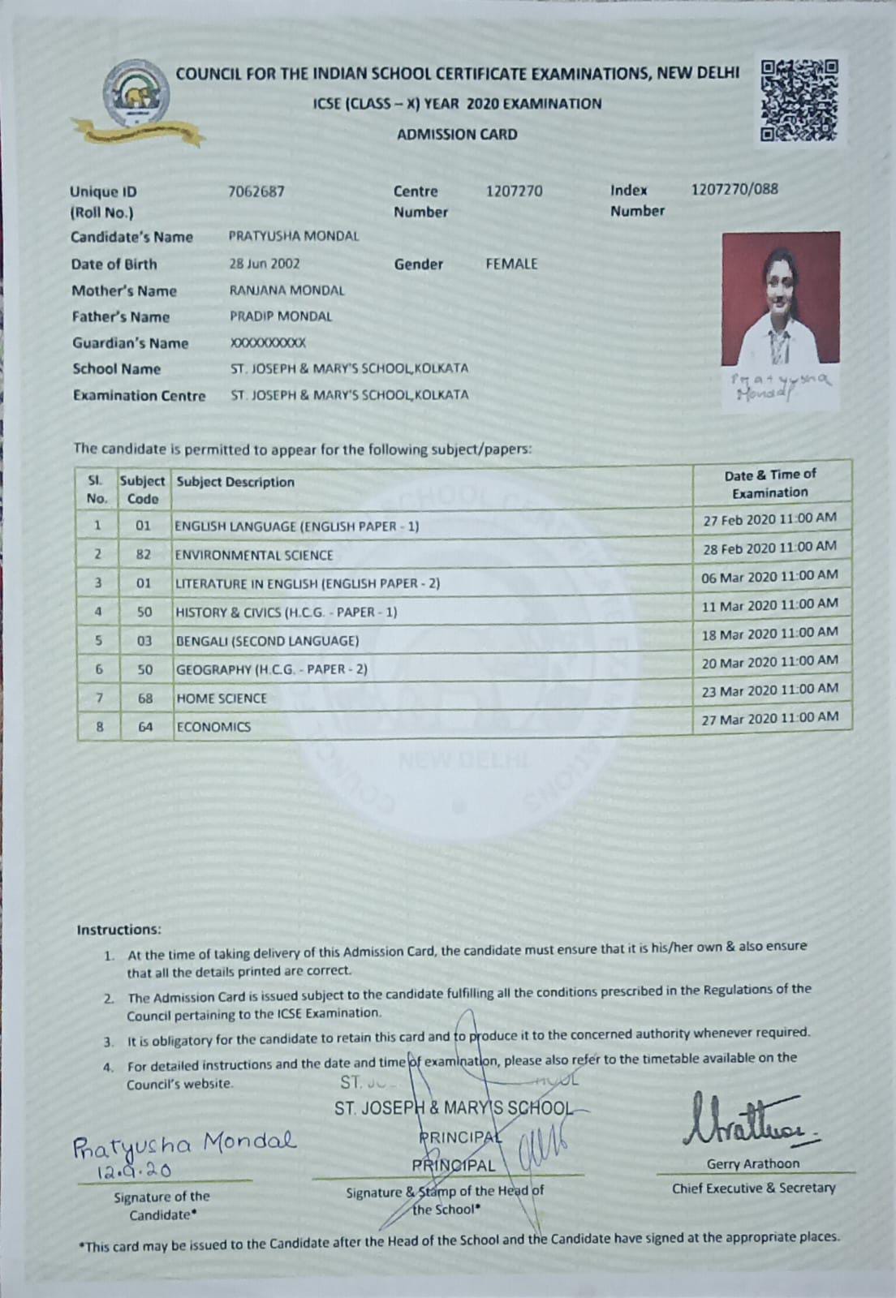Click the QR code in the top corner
point(799,100)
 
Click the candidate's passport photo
point(780,299)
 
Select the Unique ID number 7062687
point(256,191)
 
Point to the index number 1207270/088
point(734,190)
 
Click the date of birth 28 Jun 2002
point(265,264)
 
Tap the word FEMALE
point(511,264)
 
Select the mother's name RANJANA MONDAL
point(286,290)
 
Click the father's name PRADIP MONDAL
point(281,316)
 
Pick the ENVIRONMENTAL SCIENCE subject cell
point(254,556)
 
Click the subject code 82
point(144,555)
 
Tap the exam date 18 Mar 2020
point(769,634)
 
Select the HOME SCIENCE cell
point(222,698)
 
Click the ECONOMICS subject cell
point(213,727)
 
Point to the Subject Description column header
point(235,482)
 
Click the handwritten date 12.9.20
point(134,1171)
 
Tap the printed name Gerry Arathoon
point(752,1164)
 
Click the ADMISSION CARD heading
point(457,135)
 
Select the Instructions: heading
point(118,930)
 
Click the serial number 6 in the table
point(99,670)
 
